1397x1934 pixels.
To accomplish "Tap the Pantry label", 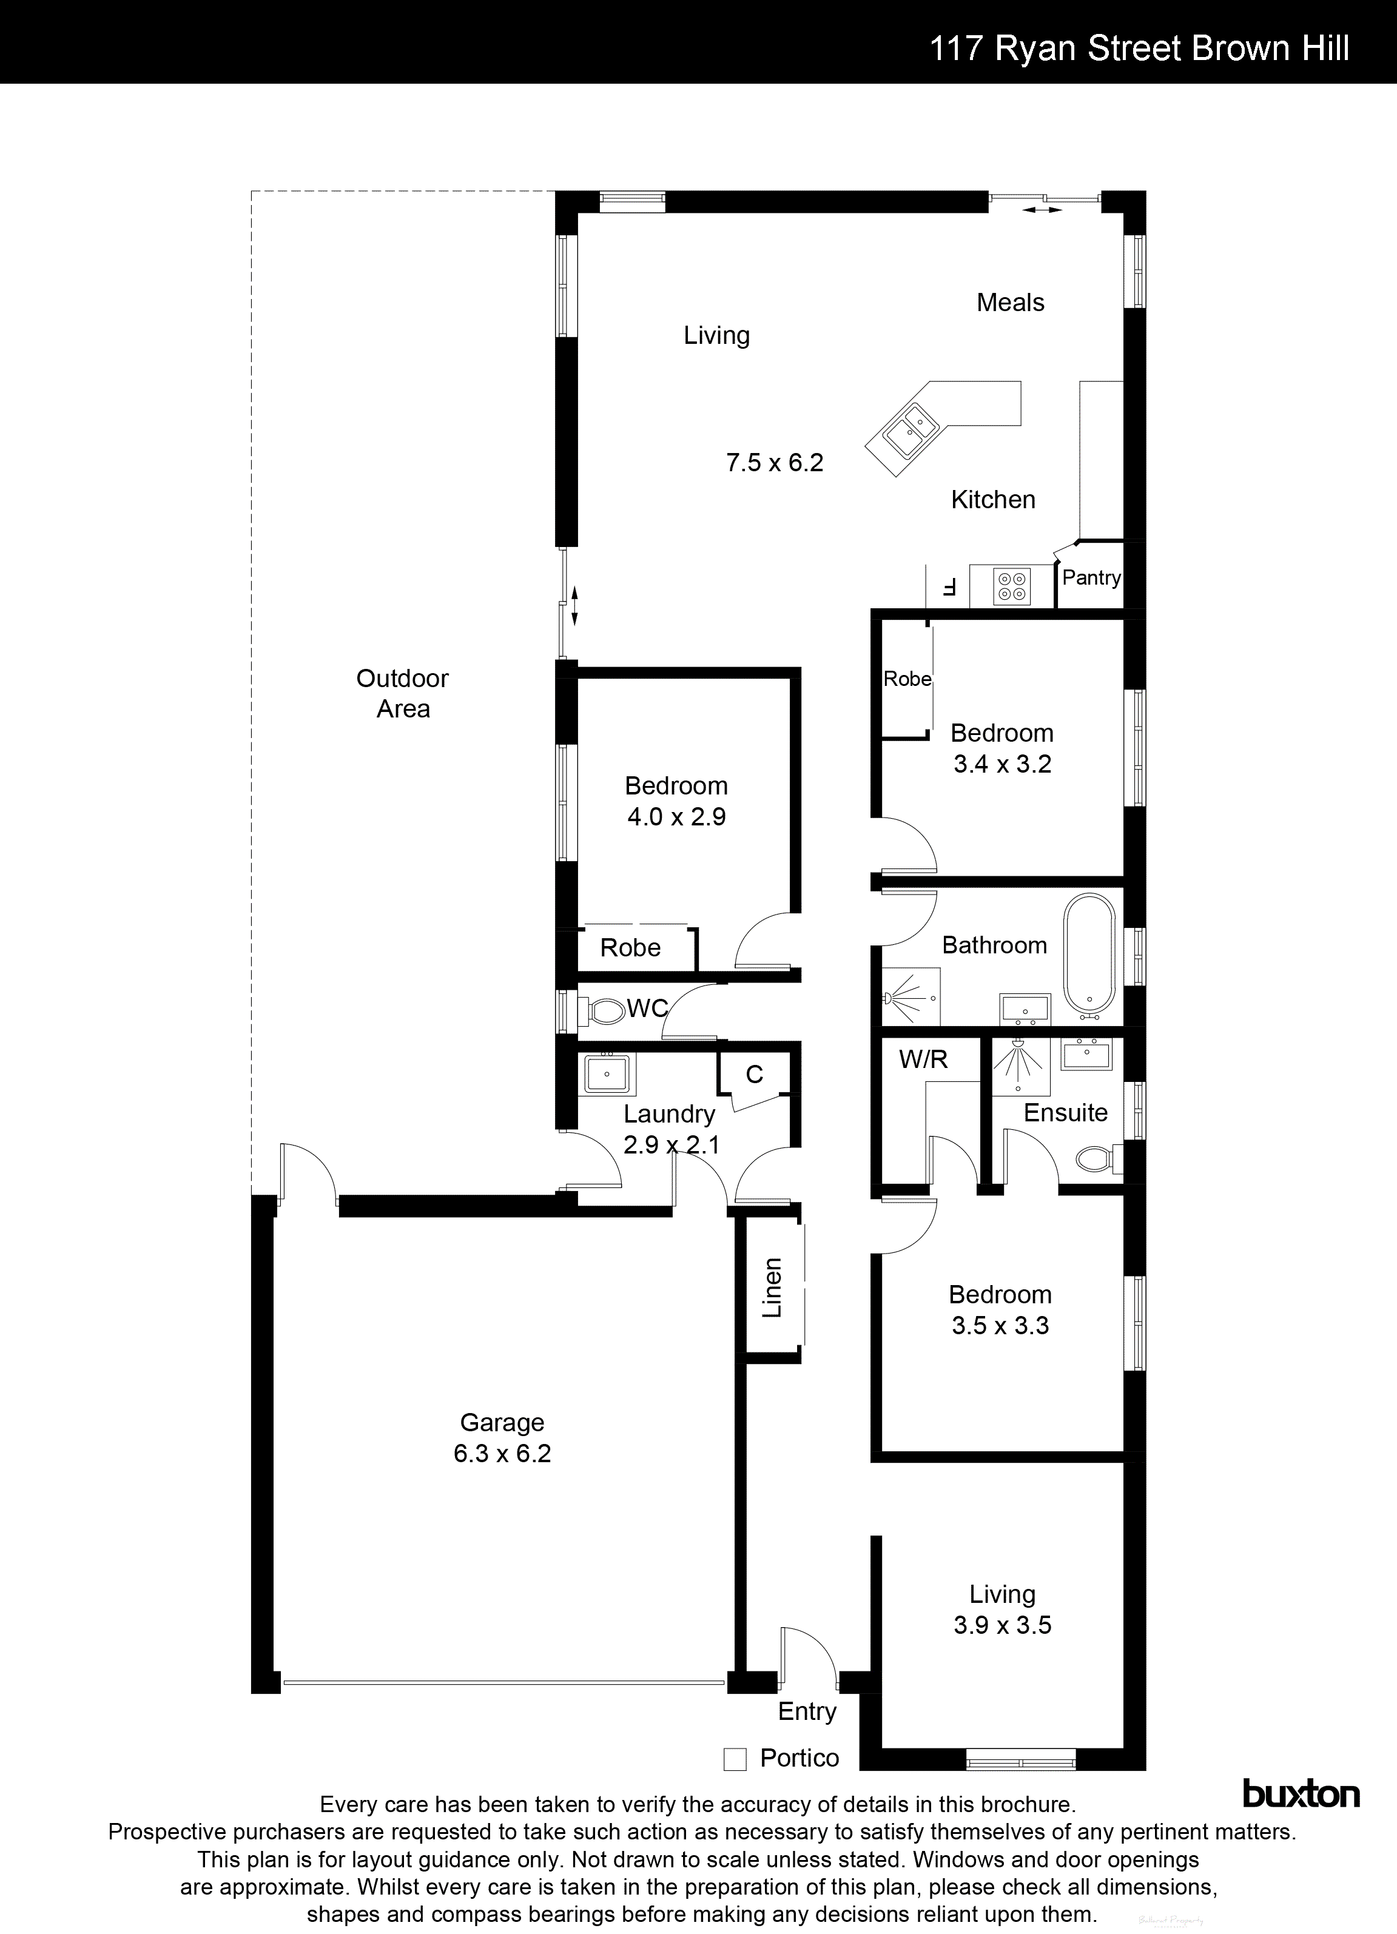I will pos(1091,578).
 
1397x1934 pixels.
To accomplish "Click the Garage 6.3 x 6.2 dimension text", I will pos(502,1453).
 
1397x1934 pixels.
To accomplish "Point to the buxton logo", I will pos(1301,1793).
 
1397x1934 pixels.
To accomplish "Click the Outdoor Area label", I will pos(403,693).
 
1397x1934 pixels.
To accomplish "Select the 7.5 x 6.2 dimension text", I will pos(775,463).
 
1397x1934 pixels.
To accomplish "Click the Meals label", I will pos(1010,303).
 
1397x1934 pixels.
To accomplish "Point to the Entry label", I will pos(807,1711).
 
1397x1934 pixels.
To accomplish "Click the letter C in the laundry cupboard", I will pos(754,1075).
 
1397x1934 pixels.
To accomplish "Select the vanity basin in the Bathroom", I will pos(1025,1009).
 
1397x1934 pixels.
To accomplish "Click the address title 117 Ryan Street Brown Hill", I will pos(1139,49).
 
